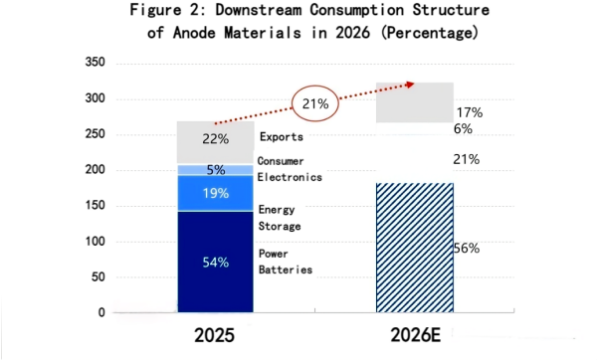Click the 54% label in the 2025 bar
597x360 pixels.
click(216, 263)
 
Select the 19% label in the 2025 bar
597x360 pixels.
click(216, 193)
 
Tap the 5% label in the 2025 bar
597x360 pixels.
click(216, 170)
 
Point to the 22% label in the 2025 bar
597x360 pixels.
click(216, 137)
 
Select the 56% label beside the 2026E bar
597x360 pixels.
click(467, 248)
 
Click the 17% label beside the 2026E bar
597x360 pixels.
click(469, 113)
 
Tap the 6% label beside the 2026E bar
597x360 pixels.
click(464, 129)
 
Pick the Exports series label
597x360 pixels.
click(281, 137)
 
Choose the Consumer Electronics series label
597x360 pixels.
click(289, 169)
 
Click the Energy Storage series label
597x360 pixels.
click(280, 218)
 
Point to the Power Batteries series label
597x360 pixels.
click(286, 262)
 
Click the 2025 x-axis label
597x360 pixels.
click(215, 337)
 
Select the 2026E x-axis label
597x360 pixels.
click(415, 337)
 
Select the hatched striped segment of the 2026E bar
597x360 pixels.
click(415, 248)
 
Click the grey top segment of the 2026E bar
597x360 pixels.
click(415, 102)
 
